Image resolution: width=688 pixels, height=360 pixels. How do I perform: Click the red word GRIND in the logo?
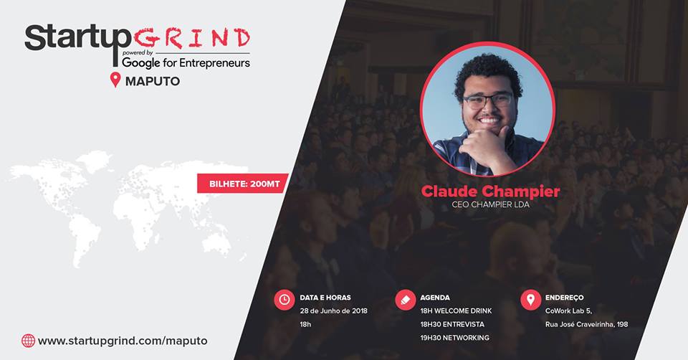pos(192,38)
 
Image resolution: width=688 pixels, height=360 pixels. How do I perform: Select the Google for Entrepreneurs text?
pos(186,62)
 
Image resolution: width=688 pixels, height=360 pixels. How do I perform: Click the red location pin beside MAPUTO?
pos(115,80)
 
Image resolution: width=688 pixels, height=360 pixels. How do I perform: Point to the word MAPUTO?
pos(153,81)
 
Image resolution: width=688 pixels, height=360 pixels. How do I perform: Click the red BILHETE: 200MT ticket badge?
pos(242,184)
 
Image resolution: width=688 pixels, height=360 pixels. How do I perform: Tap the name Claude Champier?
pos(490,191)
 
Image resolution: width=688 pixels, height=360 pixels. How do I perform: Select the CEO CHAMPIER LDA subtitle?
pos(490,204)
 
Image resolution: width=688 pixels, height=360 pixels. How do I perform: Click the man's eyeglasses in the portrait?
pos(488,101)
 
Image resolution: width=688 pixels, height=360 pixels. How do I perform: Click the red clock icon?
pos(285,300)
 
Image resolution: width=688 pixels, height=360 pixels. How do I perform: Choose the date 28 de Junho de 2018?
pos(333,311)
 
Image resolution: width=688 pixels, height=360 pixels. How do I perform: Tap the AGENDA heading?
pos(435,298)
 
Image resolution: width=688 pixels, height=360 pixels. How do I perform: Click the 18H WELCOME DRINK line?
pos(456,311)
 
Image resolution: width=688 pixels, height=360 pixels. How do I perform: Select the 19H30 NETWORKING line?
pos(454,338)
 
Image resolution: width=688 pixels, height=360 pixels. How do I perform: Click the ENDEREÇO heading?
pos(564,298)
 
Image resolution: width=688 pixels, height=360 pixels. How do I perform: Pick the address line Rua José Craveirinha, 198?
pos(587,324)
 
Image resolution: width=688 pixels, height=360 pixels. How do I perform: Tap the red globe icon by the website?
pos(28,341)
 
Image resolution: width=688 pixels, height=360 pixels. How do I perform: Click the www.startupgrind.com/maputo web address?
pos(123,341)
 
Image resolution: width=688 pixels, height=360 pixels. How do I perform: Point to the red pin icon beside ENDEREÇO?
pos(530,300)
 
